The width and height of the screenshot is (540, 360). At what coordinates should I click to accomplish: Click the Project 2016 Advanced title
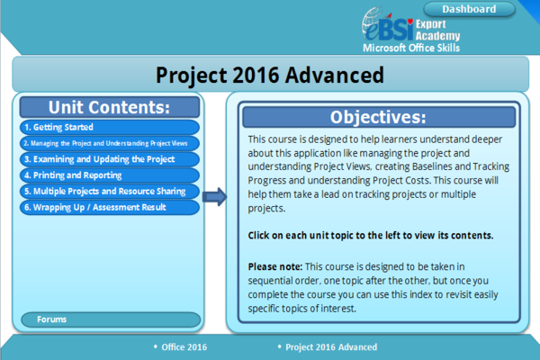point(269,73)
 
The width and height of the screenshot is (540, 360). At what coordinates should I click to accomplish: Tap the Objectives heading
point(378,118)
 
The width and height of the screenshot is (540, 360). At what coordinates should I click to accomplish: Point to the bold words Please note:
point(274,267)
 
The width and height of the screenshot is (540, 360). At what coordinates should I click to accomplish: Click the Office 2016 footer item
point(184,346)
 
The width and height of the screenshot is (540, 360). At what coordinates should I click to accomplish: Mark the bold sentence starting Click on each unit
point(370,236)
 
